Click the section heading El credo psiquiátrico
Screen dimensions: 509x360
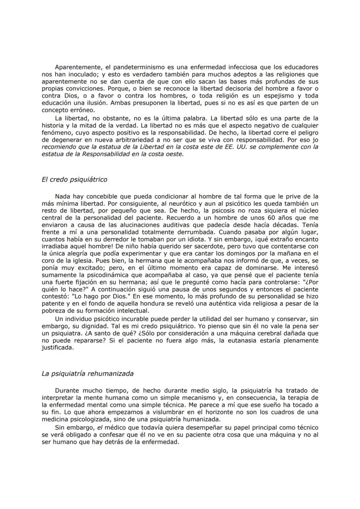(x=74, y=179)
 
